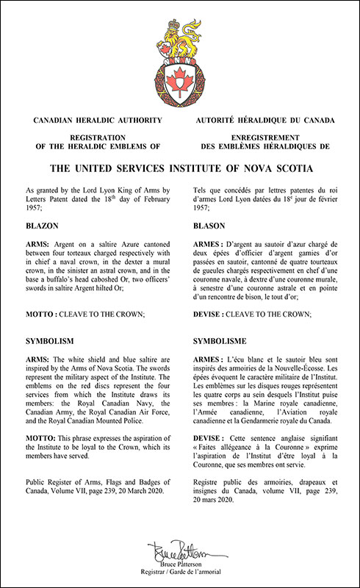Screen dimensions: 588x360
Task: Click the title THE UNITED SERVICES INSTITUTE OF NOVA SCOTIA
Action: point(180,168)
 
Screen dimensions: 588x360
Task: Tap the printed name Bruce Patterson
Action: point(180,562)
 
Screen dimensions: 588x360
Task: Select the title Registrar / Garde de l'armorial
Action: point(180,570)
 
